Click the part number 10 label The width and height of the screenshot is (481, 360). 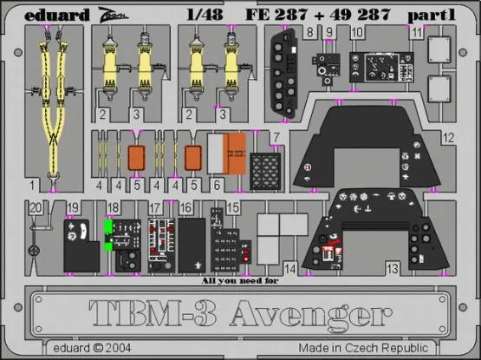(x=357, y=32)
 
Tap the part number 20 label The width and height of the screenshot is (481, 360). (x=34, y=207)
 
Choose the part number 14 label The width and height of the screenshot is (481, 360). (x=289, y=271)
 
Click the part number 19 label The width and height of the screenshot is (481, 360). (x=75, y=207)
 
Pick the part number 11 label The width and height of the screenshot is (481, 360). (x=417, y=32)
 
